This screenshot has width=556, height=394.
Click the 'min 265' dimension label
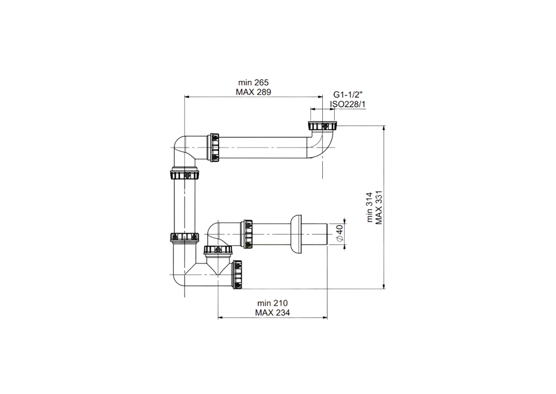click(x=253, y=83)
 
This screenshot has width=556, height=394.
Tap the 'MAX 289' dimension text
click(x=253, y=92)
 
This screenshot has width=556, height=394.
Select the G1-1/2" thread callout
click(x=348, y=95)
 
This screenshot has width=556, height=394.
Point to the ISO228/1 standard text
click(x=348, y=105)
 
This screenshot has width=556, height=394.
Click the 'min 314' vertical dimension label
click(x=370, y=207)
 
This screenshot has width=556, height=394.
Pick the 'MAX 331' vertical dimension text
click(x=379, y=207)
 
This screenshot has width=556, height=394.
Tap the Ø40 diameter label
click(x=339, y=233)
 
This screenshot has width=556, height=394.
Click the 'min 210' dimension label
click(x=272, y=303)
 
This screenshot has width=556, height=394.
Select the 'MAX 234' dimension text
click(x=272, y=313)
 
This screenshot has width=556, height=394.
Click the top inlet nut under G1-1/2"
click(x=322, y=126)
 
